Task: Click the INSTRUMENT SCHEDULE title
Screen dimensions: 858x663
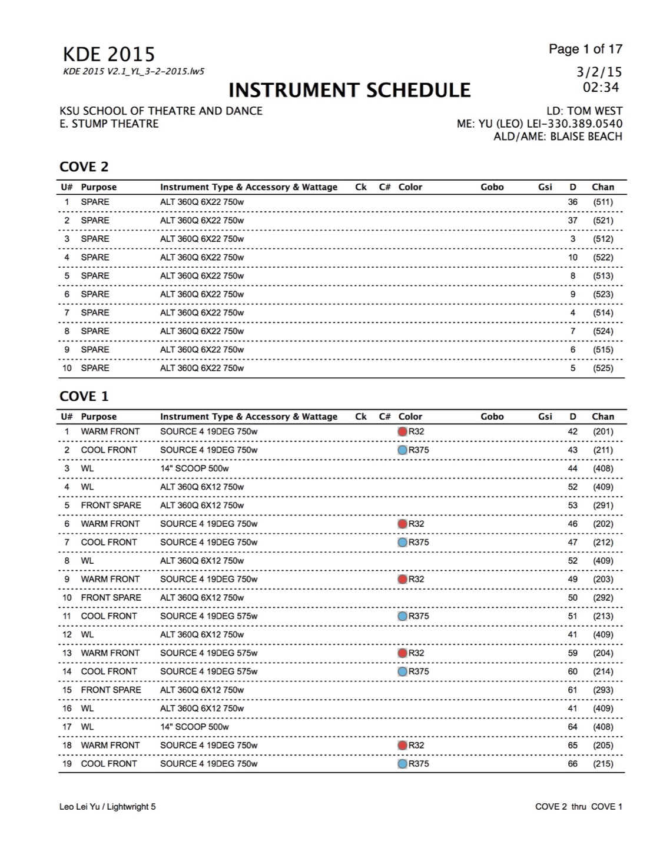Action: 349,90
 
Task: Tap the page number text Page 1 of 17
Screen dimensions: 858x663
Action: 585,49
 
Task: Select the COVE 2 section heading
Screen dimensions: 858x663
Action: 84,167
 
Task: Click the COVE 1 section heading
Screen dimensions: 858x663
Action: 84,397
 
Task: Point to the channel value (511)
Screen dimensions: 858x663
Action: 603,202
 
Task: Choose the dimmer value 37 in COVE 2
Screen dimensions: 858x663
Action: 572,221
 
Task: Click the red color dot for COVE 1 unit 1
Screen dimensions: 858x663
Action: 403,432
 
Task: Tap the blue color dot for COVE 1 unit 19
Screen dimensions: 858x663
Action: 403,764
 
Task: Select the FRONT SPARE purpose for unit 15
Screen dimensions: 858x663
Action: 111,690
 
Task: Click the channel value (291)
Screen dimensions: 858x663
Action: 603,506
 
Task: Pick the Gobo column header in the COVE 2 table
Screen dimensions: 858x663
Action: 492,187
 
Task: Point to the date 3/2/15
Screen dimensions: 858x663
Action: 599,72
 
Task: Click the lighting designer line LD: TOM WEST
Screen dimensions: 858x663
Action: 584,111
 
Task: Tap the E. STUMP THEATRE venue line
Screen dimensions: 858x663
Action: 109,124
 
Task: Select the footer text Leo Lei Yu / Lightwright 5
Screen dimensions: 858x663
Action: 108,807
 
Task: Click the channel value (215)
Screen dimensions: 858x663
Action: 603,764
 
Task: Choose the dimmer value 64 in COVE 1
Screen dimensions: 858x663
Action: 572,727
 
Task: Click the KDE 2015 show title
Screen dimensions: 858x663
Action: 109,55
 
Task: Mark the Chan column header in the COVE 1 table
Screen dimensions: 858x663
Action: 603,417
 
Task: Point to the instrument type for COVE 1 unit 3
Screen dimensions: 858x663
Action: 194,468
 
